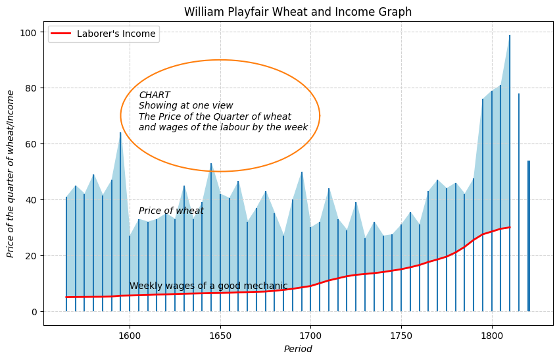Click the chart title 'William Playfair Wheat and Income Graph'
pos(298,12)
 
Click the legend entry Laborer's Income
pos(116,34)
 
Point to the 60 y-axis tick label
pos(30,144)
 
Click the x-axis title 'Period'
pos(298,349)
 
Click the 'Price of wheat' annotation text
pos(171,211)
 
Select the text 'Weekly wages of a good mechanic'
pos(208,286)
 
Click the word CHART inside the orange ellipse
pos(155,95)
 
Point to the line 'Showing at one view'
pos(185,106)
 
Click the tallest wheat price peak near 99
pos(510,36)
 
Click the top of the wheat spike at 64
pos(120,133)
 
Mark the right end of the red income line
pos(510,228)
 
